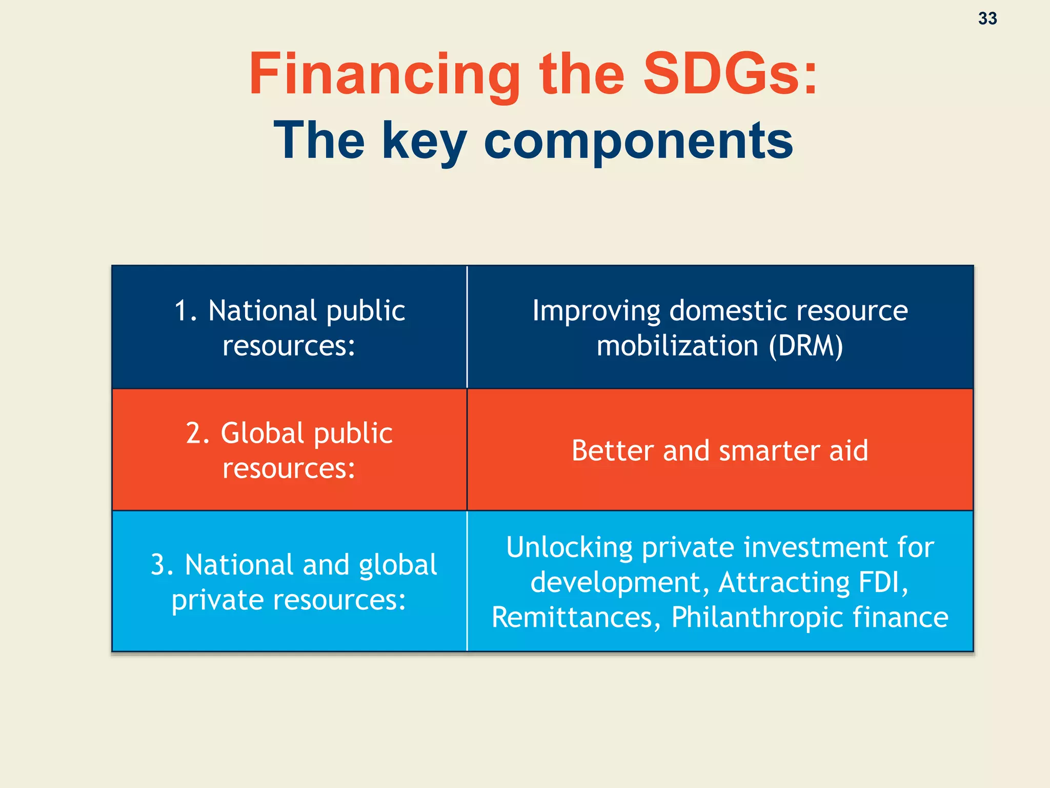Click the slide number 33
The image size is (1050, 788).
pyautogui.click(x=987, y=18)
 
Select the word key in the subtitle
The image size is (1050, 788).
pyautogui.click(x=424, y=142)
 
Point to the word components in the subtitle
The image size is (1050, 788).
pyautogui.click(x=638, y=142)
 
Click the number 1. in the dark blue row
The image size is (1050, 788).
pyautogui.click(x=186, y=311)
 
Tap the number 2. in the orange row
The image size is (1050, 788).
pyautogui.click(x=198, y=434)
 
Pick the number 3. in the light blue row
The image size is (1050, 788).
pyautogui.click(x=163, y=565)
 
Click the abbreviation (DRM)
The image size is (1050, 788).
pyautogui.click(x=805, y=346)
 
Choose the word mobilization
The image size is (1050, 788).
pyautogui.click(x=677, y=346)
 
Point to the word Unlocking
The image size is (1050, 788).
pyautogui.click(x=569, y=547)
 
